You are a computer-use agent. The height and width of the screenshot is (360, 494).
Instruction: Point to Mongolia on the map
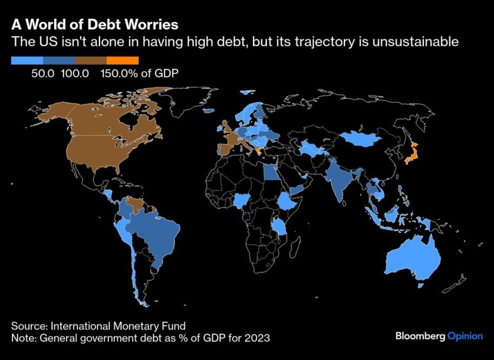pyautogui.click(x=364, y=138)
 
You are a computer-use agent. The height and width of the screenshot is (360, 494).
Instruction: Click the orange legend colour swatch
pyautogui.click(x=122, y=60)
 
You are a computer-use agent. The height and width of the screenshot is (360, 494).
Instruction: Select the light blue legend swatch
pyautogui.click(x=27, y=60)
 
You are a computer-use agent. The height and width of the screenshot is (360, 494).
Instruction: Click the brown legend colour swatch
pyautogui.click(x=91, y=60)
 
